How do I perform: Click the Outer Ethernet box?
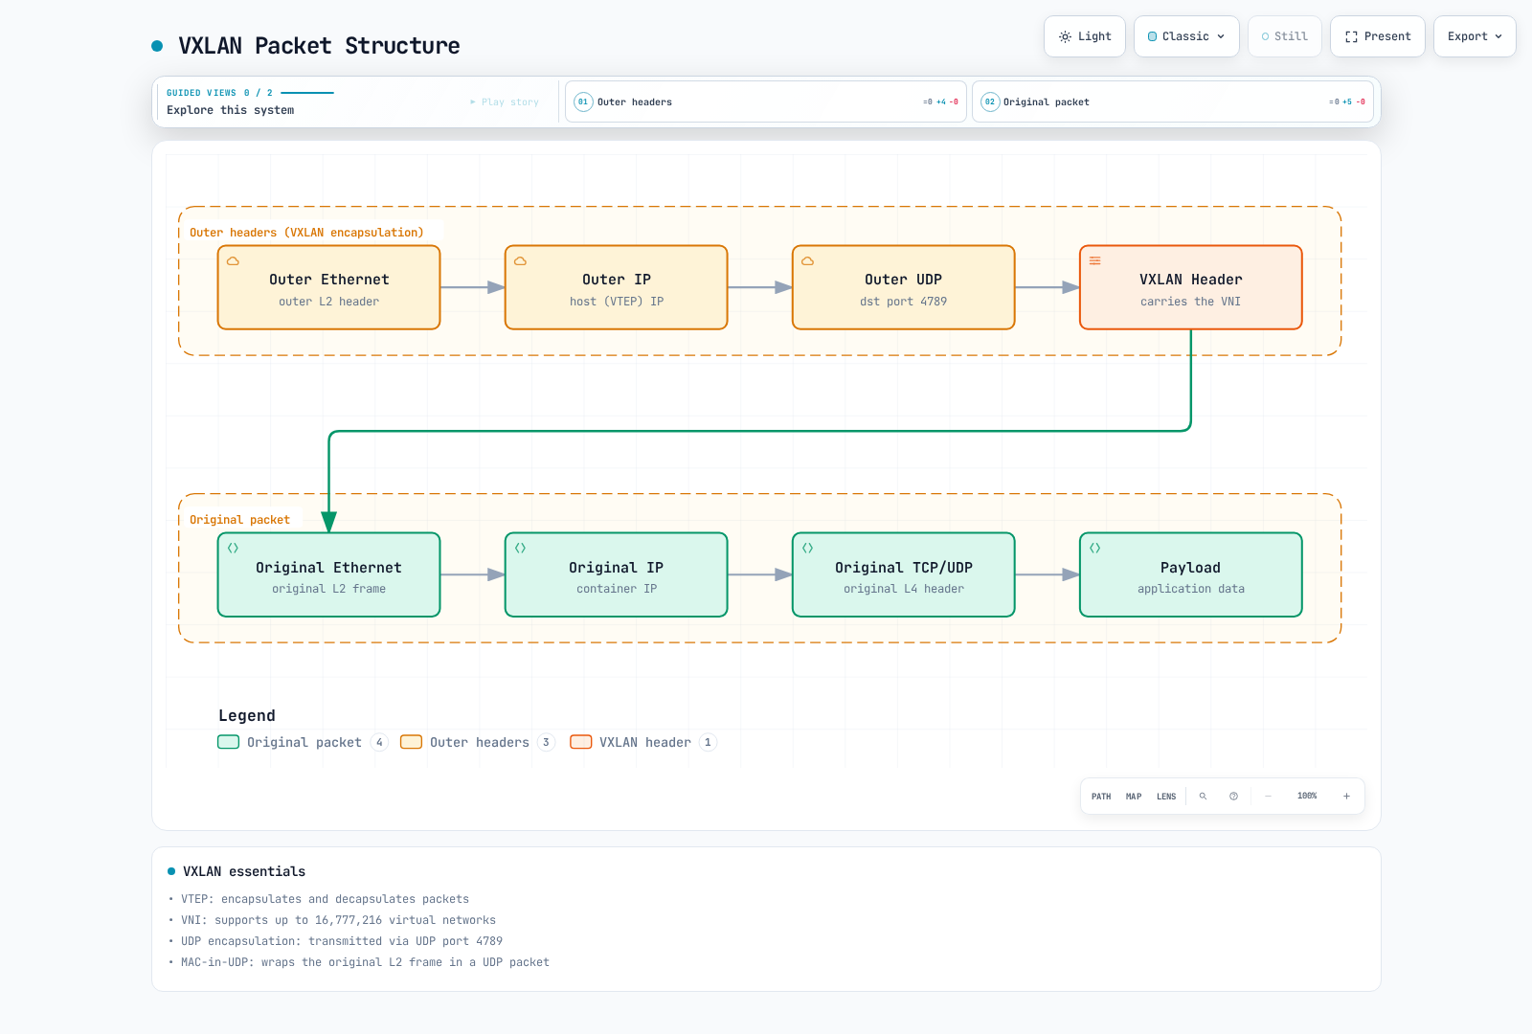(329, 287)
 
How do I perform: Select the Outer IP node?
(617, 287)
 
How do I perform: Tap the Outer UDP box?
(904, 287)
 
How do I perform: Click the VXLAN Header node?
(1191, 287)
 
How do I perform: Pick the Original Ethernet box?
(329, 574)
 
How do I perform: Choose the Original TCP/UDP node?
(904, 574)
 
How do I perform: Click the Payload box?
(1191, 574)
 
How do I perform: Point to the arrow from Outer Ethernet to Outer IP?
(473, 287)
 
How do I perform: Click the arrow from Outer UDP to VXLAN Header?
(1048, 287)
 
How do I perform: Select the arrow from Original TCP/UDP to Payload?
(1048, 574)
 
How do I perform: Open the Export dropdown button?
(1475, 36)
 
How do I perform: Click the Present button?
(1378, 36)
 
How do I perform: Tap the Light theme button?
(1085, 36)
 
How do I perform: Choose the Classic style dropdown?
(1186, 36)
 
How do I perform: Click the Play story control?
(505, 101)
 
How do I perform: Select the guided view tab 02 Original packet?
(1173, 101)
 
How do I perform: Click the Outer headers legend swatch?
(411, 742)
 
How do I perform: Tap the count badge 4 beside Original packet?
(379, 742)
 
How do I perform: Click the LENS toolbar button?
(1166, 796)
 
